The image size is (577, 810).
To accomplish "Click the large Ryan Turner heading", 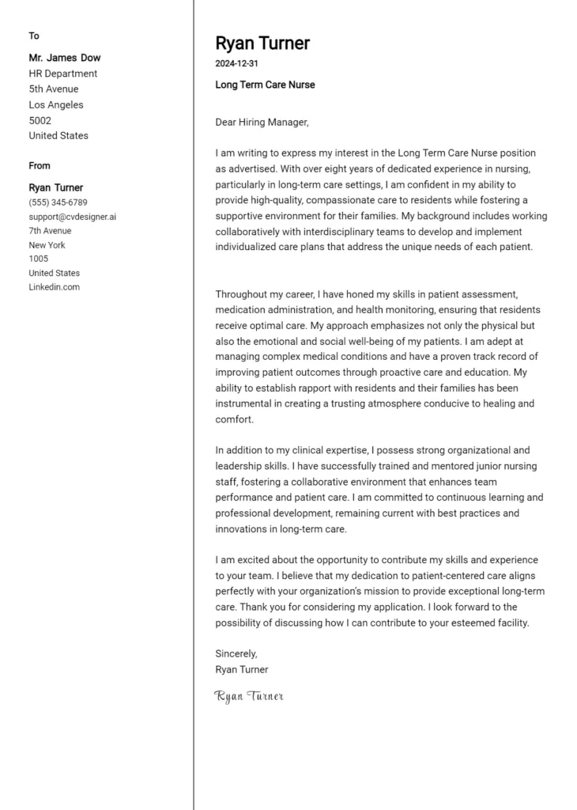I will coord(262,43).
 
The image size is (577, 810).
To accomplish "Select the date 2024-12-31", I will coord(236,63).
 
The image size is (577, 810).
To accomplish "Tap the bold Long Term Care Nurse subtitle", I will coord(265,85).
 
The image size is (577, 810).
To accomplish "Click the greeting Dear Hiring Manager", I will coord(262,122).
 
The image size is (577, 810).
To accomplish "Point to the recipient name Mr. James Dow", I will coord(65,58).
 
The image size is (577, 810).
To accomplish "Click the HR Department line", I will coord(63,74).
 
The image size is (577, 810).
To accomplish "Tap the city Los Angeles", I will coord(56,104).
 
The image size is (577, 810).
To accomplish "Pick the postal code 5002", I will coord(40,120).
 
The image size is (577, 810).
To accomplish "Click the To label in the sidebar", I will coord(34,36).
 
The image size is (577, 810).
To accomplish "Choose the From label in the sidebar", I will coord(40,165).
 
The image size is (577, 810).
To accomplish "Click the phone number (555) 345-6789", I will coord(58,202).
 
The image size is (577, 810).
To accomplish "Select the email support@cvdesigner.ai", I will coord(73,217).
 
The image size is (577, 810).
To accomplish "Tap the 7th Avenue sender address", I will coord(50,231).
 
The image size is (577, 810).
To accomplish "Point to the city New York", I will coord(47,245).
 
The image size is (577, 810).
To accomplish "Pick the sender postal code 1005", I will coord(39,259).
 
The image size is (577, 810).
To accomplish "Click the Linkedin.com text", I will coord(55,287).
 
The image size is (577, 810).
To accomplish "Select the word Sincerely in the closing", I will coord(236,653).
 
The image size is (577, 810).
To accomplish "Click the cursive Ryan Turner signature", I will coord(249,696).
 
